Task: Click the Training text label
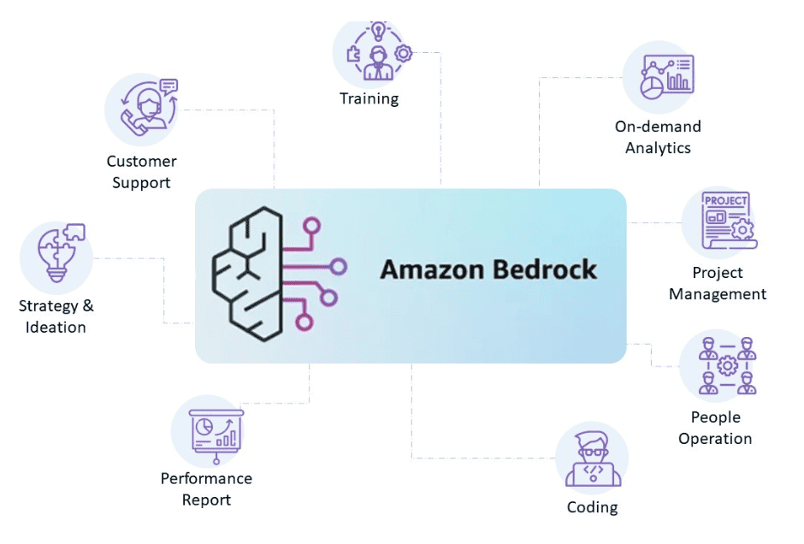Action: [369, 98]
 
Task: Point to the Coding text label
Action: [592, 507]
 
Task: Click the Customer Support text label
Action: [141, 172]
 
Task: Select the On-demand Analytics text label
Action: [658, 137]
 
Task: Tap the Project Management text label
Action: [718, 283]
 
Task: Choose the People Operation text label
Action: [715, 428]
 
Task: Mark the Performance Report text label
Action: [206, 489]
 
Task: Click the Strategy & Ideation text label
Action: [56, 316]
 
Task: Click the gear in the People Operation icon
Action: [727, 366]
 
